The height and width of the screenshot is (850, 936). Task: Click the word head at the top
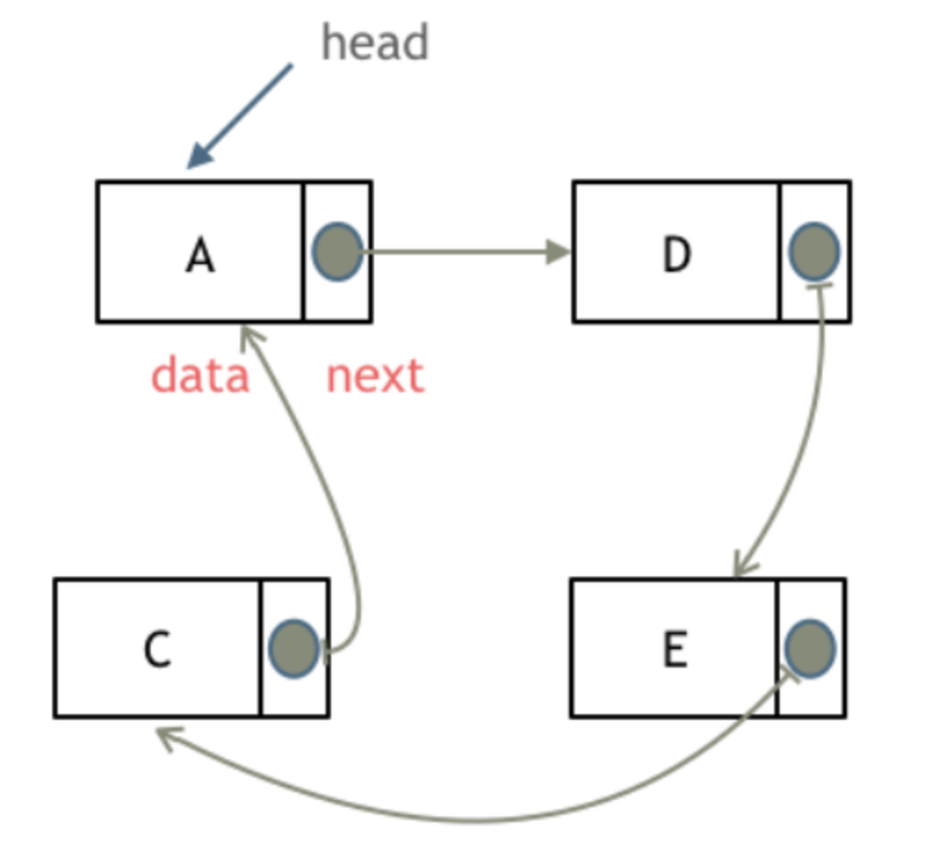tap(375, 42)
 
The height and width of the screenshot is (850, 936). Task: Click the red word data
tap(200, 375)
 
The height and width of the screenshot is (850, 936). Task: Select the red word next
tap(375, 376)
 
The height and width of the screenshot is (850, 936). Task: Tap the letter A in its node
tap(200, 255)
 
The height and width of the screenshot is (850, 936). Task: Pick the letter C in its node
tap(157, 649)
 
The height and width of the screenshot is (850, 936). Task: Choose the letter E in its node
tap(675, 648)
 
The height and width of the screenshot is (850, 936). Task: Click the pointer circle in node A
tap(337, 252)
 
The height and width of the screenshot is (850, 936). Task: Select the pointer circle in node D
tap(814, 251)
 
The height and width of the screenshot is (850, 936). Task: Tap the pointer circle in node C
tap(294, 648)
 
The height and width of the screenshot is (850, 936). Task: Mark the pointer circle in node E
tap(809, 648)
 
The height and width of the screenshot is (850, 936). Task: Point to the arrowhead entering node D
tap(558, 252)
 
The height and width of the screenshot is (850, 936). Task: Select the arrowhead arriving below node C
tap(168, 737)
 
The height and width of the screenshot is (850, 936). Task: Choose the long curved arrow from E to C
tap(477, 821)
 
